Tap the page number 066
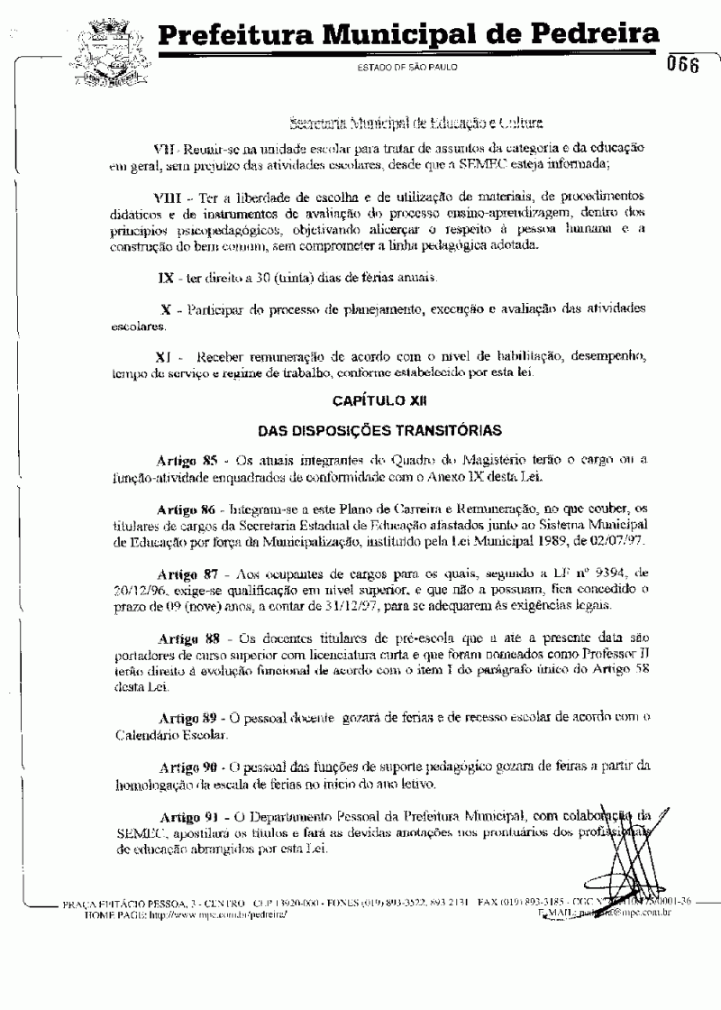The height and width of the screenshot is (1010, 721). [x=684, y=66]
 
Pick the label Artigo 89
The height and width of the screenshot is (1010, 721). [x=187, y=718]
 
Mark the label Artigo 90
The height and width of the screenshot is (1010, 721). [x=187, y=767]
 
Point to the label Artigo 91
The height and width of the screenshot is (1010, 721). [x=187, y=816]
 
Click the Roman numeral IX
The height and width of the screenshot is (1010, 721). [x=165, y=274]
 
